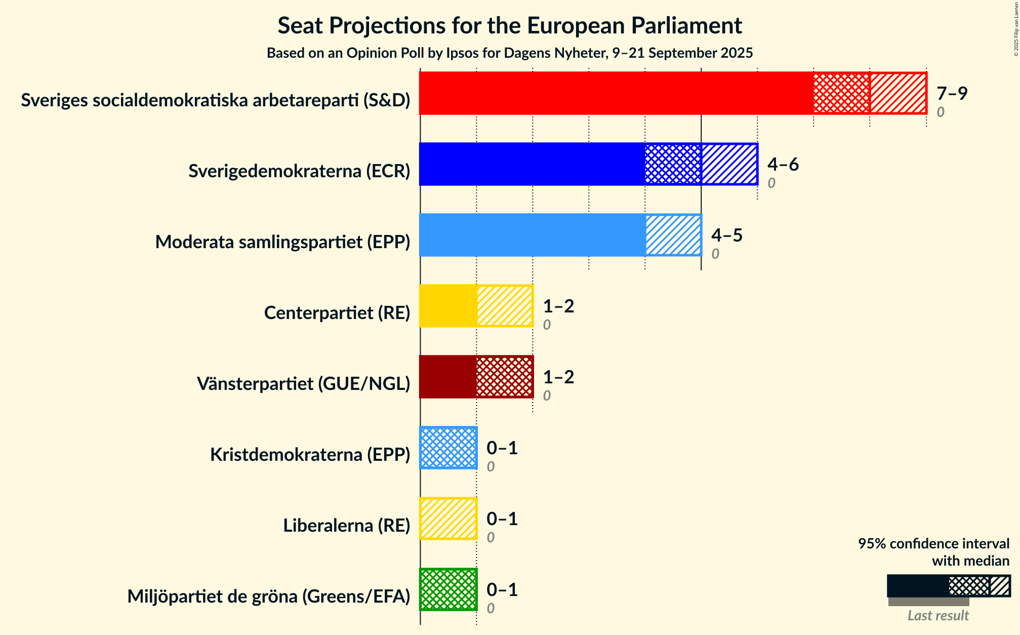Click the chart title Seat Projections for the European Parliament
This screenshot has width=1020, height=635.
pos(509,26)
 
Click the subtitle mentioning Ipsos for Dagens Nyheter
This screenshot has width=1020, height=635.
pos(509,53)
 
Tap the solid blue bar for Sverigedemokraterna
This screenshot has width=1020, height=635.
pos(532,164)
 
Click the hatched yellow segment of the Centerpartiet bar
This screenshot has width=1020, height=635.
pos(505,306)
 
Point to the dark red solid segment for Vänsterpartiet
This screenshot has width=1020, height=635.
pos(448,377)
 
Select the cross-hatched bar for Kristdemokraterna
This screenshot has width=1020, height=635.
pos(448,448)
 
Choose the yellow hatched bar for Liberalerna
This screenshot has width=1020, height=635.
pos(448,519)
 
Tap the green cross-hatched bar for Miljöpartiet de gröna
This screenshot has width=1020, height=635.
pos(448,589)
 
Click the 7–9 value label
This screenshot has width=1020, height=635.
pos(952,94)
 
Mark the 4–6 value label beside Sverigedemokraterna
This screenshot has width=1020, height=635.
pos(783,165)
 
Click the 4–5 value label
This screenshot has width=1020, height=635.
pos(726,235)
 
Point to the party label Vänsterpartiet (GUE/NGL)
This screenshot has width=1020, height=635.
pos(303,384)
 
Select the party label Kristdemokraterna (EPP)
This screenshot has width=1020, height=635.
pos(310,455)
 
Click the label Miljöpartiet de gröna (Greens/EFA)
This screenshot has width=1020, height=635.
pos(268,597)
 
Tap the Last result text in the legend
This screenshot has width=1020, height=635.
pos(937,616)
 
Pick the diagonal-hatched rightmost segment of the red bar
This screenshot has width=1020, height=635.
pos(898,93)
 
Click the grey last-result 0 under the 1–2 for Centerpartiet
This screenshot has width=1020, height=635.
pos(547,325)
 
